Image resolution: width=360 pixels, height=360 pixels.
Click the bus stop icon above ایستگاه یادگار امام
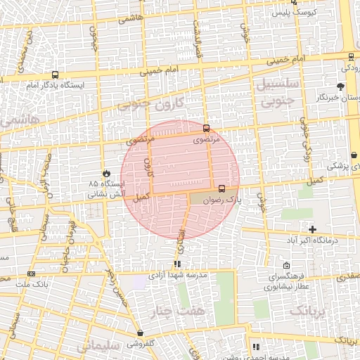click(x=56, y=75)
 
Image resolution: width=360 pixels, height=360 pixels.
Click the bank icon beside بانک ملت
click(x=31, y=274)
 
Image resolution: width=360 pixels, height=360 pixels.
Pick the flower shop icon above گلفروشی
click(x=141, y=333)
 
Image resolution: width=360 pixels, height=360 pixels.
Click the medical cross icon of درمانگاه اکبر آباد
click(x=313, y=229)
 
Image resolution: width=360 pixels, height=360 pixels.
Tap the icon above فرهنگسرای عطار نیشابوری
click(x=287, y=266)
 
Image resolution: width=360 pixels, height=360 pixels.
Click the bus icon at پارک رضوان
click(x=222, y=188)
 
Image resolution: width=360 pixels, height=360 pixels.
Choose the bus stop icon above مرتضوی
click(x=206, y=129)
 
